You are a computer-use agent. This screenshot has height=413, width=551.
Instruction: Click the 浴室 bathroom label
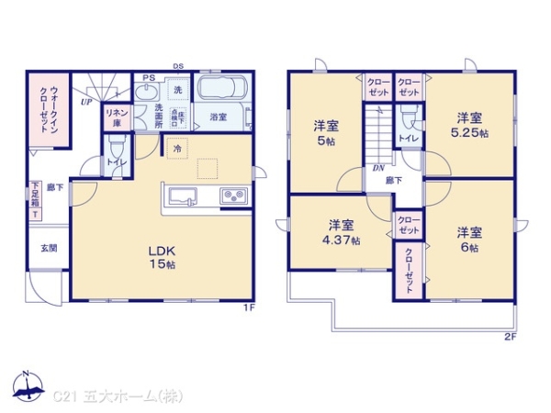coord(218,117)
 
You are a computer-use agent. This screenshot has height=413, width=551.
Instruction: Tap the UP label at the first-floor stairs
coord(84,102)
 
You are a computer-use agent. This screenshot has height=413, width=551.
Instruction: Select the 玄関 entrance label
coord(48,248)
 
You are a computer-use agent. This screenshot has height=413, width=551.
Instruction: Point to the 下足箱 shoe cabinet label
coord(34,200)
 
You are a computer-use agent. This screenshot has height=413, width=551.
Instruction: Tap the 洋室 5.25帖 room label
coord(471,125)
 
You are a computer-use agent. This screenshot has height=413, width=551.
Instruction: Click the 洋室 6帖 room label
coord(469,238)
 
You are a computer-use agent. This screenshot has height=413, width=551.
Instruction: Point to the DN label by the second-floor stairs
coord(377,169)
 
